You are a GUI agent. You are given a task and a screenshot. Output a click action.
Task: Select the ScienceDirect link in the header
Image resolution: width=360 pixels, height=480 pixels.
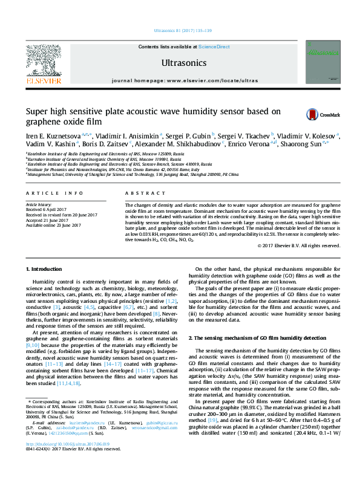[214, 47]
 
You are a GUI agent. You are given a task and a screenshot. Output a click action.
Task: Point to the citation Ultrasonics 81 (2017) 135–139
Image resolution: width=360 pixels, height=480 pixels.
[183, 30]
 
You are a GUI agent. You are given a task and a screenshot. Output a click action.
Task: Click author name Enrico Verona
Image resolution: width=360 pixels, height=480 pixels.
[250, 144]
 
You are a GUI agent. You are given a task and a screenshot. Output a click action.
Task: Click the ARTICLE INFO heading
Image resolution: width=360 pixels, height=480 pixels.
[54, 193]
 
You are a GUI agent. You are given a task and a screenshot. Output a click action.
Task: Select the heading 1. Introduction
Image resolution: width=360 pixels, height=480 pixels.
[47, 268]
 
